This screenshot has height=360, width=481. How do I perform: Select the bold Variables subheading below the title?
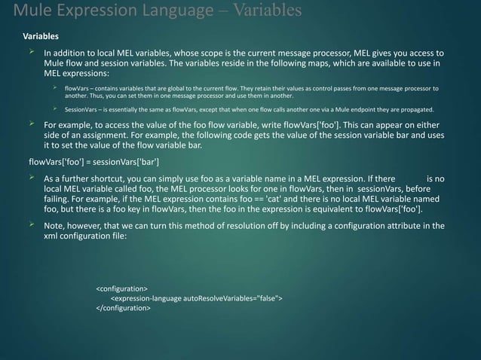(41, 36)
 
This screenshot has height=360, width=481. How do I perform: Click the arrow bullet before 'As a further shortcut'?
(32, 178)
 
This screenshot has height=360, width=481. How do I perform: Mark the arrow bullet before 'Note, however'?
(32, 225)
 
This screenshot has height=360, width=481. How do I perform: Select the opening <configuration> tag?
(121, 288)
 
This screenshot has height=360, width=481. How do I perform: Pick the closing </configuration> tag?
(123, 308)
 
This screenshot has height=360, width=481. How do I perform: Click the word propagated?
(406, 109)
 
